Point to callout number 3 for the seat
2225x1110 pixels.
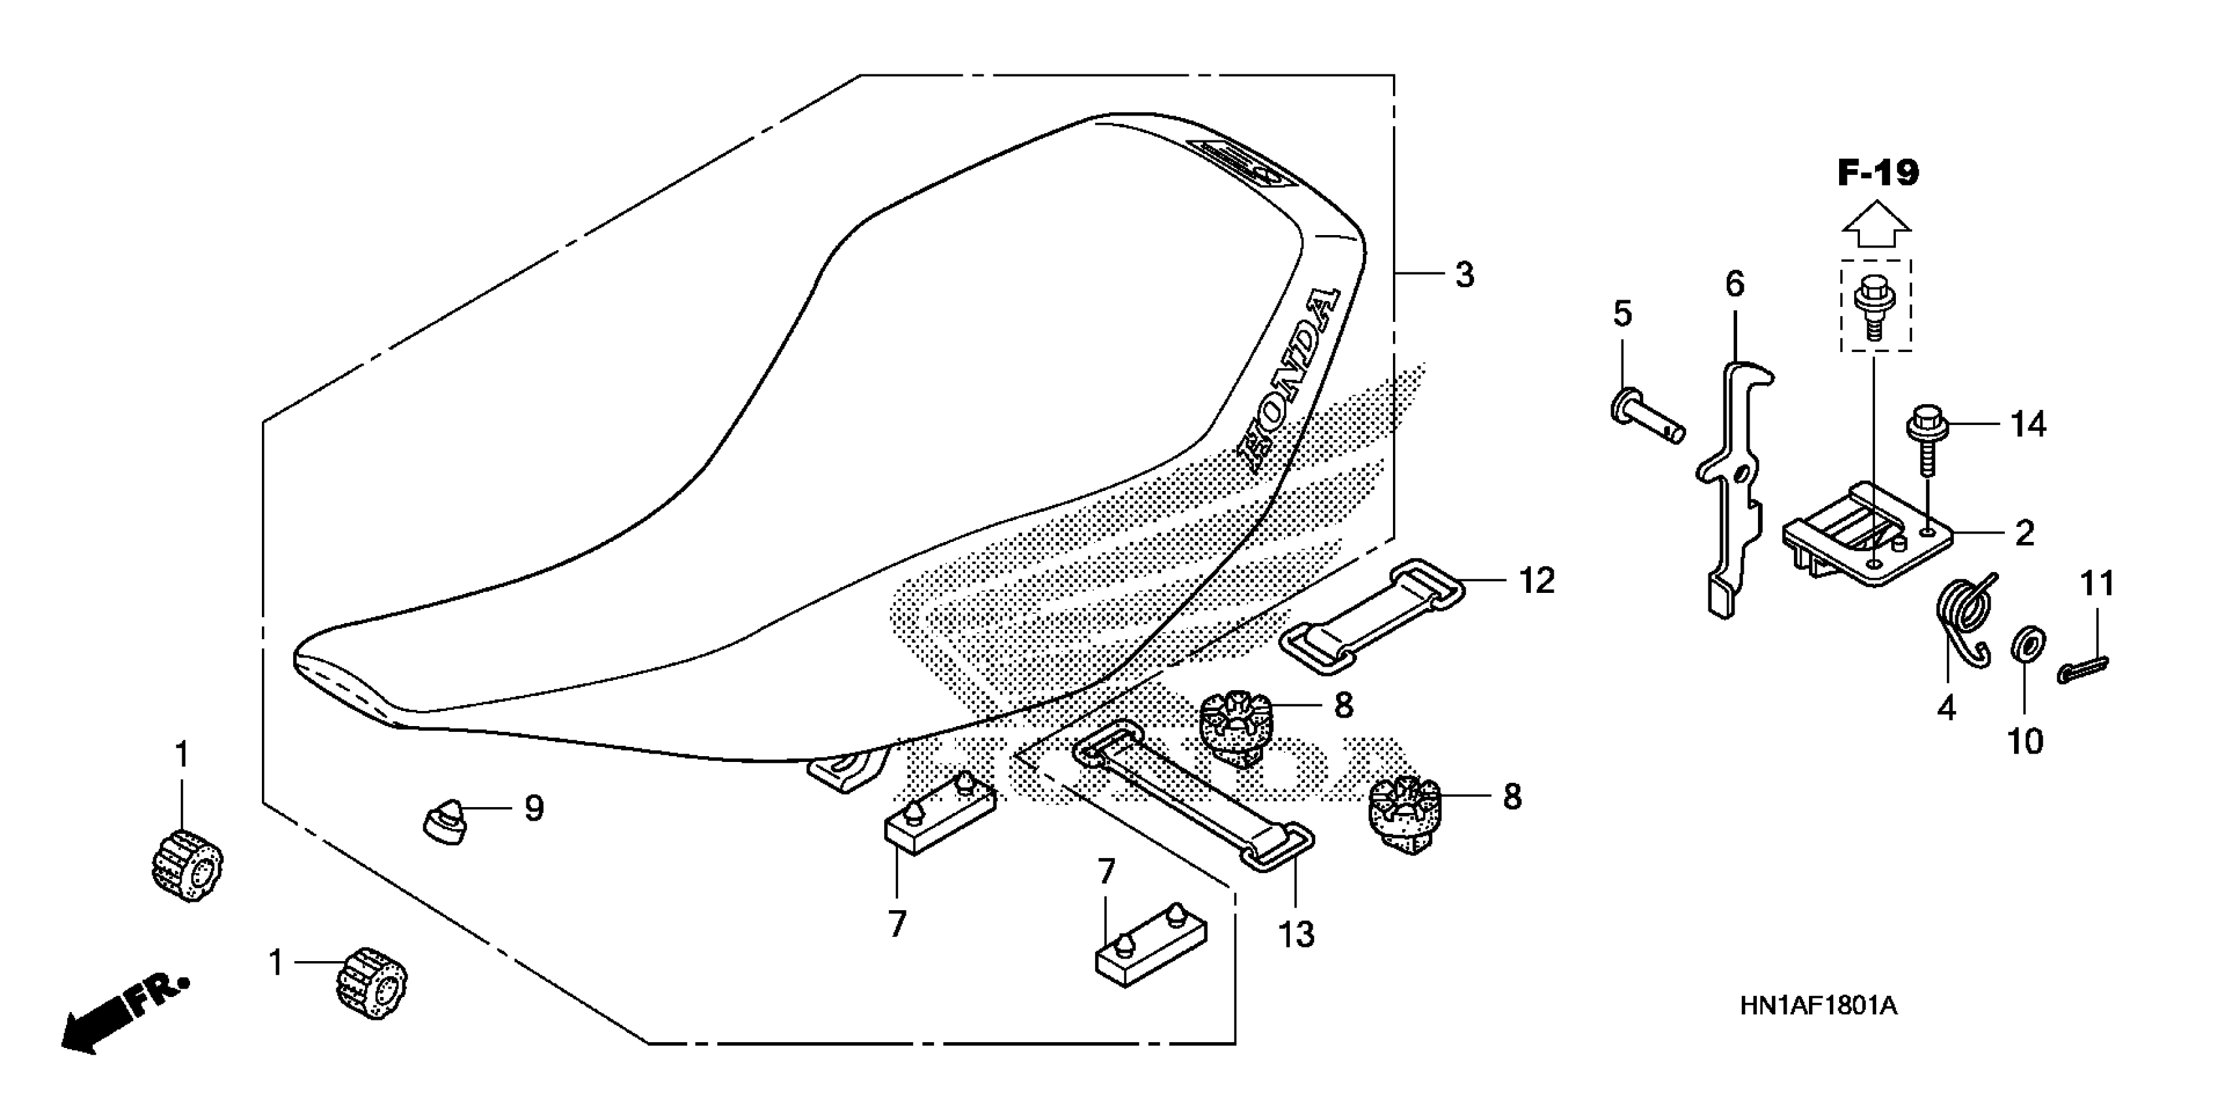pos(1464,276)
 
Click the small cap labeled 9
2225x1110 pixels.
pos(445,821)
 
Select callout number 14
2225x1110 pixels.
pos(2028,425)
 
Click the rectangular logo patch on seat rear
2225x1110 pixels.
pos(1237,174)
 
